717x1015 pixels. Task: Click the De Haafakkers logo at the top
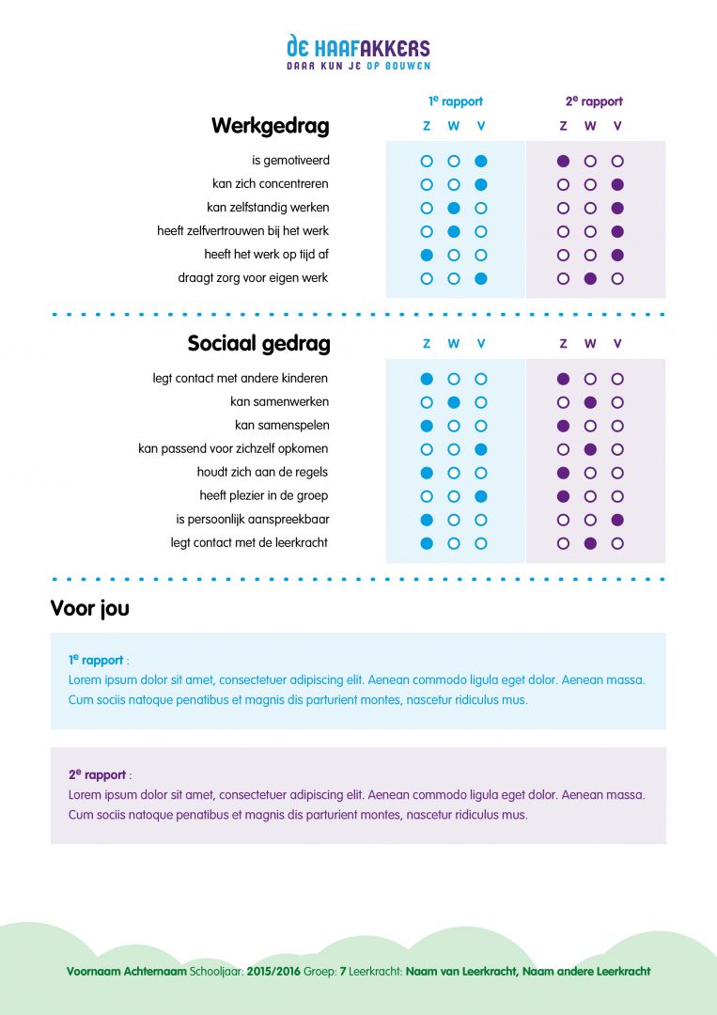point(358,53)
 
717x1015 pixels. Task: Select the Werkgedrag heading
point(270,126)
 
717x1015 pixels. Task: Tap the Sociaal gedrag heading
point(258,344)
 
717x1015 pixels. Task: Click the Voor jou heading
point(89,609)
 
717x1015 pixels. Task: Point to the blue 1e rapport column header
point(455,101)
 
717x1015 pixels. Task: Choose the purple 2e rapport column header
point(593,101)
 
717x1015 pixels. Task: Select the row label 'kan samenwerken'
point(279,402)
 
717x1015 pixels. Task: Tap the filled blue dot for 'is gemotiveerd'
point(481,161)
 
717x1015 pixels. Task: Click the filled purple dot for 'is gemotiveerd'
point(563,161)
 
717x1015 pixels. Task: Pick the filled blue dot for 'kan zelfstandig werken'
point(454,208)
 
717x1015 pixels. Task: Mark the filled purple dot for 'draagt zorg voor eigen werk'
point(590,278)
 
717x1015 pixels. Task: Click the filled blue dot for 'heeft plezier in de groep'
point(481,496)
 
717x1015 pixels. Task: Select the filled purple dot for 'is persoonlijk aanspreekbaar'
point(617,520)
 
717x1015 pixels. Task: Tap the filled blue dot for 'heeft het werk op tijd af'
point(427,255)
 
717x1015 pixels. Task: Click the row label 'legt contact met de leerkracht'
point(249,543)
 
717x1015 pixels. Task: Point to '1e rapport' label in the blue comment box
point(96,661)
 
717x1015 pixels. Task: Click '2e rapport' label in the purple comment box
point(97,775)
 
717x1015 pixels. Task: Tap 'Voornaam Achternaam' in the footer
point(127,972)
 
